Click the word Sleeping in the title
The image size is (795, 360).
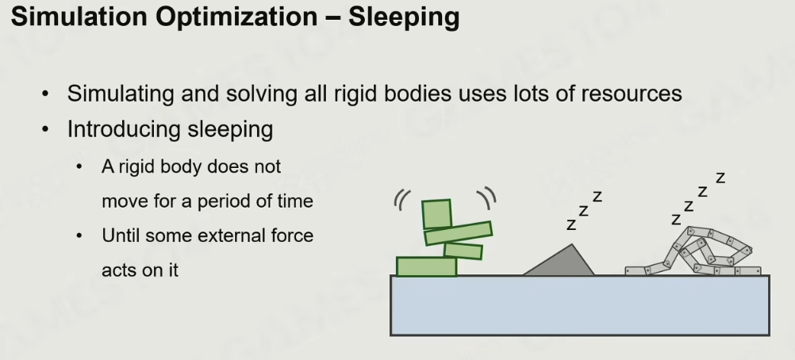pos(404,17)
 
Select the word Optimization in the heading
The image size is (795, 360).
pos(236,17)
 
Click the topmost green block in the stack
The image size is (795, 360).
pos(436,214)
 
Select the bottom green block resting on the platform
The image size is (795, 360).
pos(426,266)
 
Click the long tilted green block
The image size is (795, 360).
pos(459,233)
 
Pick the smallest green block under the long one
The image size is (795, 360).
pos(463,251)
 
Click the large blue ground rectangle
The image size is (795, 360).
pos(580,305)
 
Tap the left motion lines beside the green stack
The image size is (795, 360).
pos(401,200)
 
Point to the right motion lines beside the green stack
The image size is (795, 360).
pos(488,197)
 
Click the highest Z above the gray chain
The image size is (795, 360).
pos(720,178)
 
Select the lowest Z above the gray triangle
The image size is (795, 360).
pos(571,224)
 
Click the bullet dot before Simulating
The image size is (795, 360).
pos(46,94)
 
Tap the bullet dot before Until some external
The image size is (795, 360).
pos(79,236)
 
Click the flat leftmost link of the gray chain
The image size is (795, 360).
pos(636,271)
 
